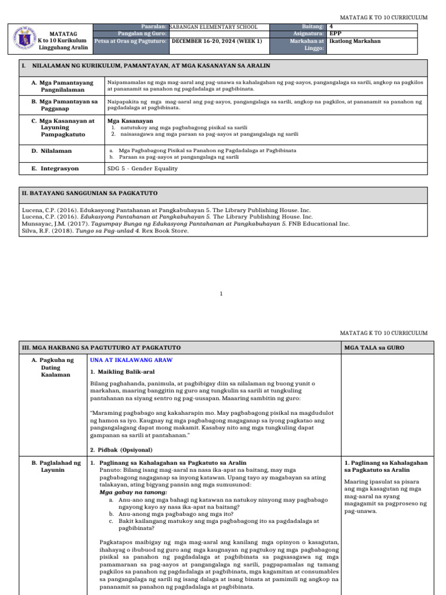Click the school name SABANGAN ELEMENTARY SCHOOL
(213, 27)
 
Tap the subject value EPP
(334, 34)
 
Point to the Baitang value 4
(331, 27)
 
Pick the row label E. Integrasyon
(55, 169)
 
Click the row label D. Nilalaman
(52, 150)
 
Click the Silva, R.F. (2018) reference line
(105, 230)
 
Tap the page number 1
(221, 294)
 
